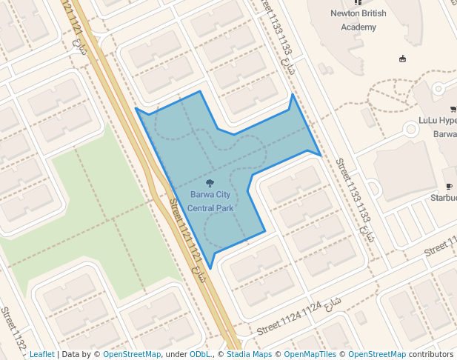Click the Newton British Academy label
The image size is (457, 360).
(358, 21)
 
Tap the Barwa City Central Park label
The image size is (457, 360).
(210, 201)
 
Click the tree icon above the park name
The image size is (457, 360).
(210, 182)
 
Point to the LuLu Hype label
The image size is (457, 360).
(438, 120)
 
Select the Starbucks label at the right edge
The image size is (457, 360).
(444, 198)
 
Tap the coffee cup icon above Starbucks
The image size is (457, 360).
(449, 186)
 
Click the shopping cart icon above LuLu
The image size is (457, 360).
(453, 109)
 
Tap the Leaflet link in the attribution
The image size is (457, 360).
(41, 355)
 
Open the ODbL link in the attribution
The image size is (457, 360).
(199, 355)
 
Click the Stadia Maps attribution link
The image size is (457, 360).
(249, 355)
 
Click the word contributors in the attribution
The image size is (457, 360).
(431, 355)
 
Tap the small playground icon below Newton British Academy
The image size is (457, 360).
(402, 59)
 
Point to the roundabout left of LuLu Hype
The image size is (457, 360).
(411, 130)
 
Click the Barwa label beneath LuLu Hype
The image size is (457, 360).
(444, 134)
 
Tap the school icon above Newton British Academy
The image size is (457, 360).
(358, 3)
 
